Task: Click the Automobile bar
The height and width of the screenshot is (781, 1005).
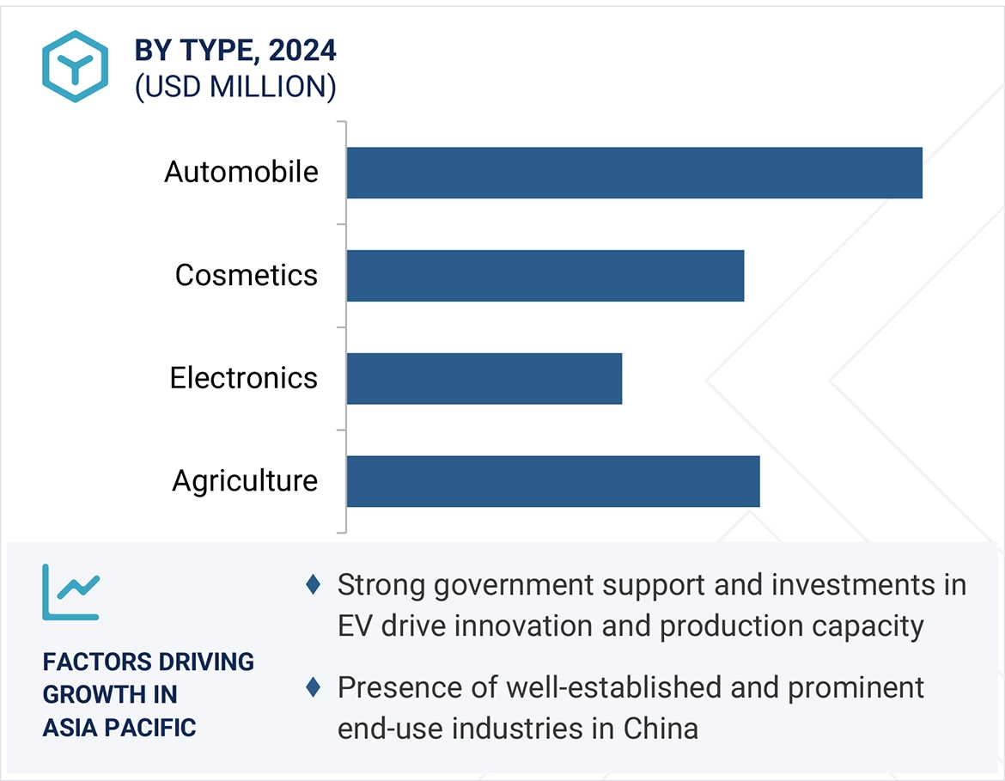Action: [634, 173]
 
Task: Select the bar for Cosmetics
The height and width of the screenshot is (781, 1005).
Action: [545, 276]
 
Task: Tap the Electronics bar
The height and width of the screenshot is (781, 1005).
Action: [484, 378]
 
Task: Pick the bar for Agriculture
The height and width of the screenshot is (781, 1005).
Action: [553, 481]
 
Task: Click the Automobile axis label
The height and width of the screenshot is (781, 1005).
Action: [241, 172]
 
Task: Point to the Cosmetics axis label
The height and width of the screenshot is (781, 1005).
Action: [247, 275]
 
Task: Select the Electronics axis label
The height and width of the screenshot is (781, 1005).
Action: [244, 378]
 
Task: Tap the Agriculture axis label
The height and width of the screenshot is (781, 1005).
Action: [245, 480]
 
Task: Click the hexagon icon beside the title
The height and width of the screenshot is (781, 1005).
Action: [76, 66]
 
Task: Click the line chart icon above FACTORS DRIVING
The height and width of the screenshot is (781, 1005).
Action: [71, 592]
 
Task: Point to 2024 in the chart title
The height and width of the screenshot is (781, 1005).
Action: [302, 51]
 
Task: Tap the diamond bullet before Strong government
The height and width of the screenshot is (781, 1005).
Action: [314, 585]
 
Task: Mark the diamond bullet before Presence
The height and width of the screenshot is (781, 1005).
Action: [314, 687]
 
